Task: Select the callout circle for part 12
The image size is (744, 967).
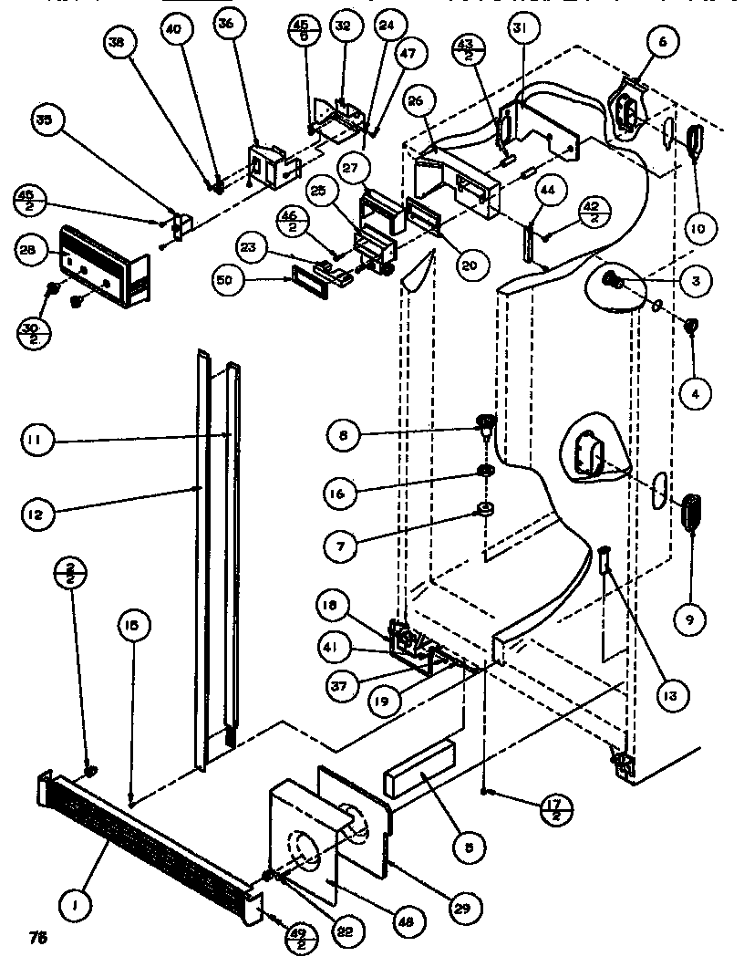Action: (x=37, y=515)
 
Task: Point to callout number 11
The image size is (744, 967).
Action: (x=37, y=442)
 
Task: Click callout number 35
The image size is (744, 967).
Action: (x=44, y=120)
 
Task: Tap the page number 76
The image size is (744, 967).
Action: (x=37, y=937)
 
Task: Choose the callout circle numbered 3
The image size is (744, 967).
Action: (x=695, y=282)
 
